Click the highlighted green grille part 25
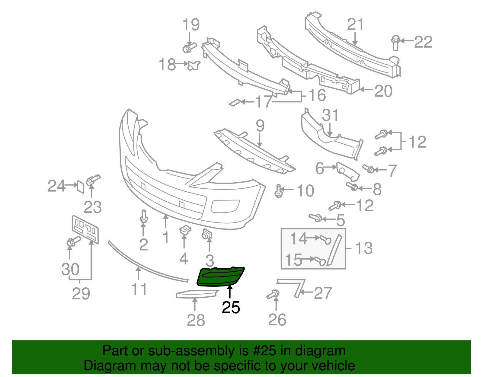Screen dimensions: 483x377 tap(220, 277)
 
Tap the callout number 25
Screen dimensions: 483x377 tap(231, 308)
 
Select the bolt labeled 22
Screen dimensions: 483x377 tap(395, 43)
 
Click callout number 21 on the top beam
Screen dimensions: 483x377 tap(355, 24)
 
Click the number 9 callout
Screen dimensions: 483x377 tap(260, 126)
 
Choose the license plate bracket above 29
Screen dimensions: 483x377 tap(85, 229)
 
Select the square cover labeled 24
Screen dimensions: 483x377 tap(81, 187)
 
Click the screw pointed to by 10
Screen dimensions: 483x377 tap(278, 191)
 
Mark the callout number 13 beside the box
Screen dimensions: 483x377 tap(364, 248)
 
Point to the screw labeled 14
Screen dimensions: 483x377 tap(325, 240)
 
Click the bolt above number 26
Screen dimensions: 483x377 tap(273, 294)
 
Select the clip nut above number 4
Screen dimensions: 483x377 tap(185, 230)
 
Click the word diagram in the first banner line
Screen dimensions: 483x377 tap(320, 351)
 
